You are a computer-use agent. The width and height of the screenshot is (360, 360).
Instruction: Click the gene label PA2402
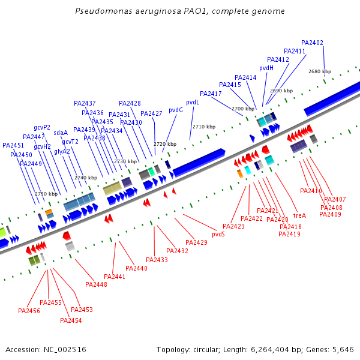312,43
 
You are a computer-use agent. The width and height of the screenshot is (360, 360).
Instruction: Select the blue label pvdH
266,68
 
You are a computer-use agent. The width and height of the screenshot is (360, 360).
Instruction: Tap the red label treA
299,215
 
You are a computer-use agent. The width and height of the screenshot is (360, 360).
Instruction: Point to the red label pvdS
218,234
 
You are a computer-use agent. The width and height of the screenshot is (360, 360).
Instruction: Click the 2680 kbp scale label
319,71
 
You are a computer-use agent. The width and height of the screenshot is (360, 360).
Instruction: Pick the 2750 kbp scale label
46,194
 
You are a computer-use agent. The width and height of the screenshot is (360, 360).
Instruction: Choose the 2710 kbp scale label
203,127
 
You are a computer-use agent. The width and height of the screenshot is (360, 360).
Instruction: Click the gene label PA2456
29,311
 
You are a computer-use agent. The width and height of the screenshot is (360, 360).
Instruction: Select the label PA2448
96,284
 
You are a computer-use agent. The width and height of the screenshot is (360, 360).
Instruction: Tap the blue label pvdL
193,102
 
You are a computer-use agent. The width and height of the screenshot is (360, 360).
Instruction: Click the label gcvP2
42,127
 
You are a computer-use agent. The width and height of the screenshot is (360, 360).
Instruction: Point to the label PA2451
13,145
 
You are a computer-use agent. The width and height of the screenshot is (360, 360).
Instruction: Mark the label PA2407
335,199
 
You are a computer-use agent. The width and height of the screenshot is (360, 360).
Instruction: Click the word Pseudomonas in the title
103,11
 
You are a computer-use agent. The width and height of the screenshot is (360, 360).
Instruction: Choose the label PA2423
233,226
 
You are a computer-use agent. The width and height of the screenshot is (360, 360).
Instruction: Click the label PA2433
157,260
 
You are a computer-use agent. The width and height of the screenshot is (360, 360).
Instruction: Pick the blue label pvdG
176,110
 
